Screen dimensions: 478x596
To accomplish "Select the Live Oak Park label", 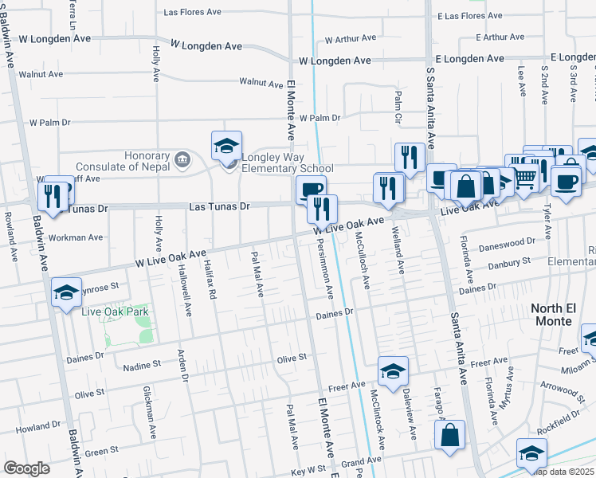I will [x=111, y=311].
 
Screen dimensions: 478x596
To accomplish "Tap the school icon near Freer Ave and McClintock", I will [x=393, y=371].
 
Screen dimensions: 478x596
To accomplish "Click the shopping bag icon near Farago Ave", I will [x=449, y=435].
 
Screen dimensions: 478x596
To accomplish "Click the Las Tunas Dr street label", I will [x=219, y=206].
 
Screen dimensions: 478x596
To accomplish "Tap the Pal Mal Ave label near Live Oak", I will [x=257, y=273].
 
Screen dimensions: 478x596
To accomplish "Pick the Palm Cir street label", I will [x=398, y=101].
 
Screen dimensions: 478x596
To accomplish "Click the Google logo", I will [x=26, y=468].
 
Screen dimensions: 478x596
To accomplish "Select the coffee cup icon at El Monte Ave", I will [x=311, y=189].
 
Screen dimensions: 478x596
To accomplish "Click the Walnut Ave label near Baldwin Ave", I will [x=45, y=74].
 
